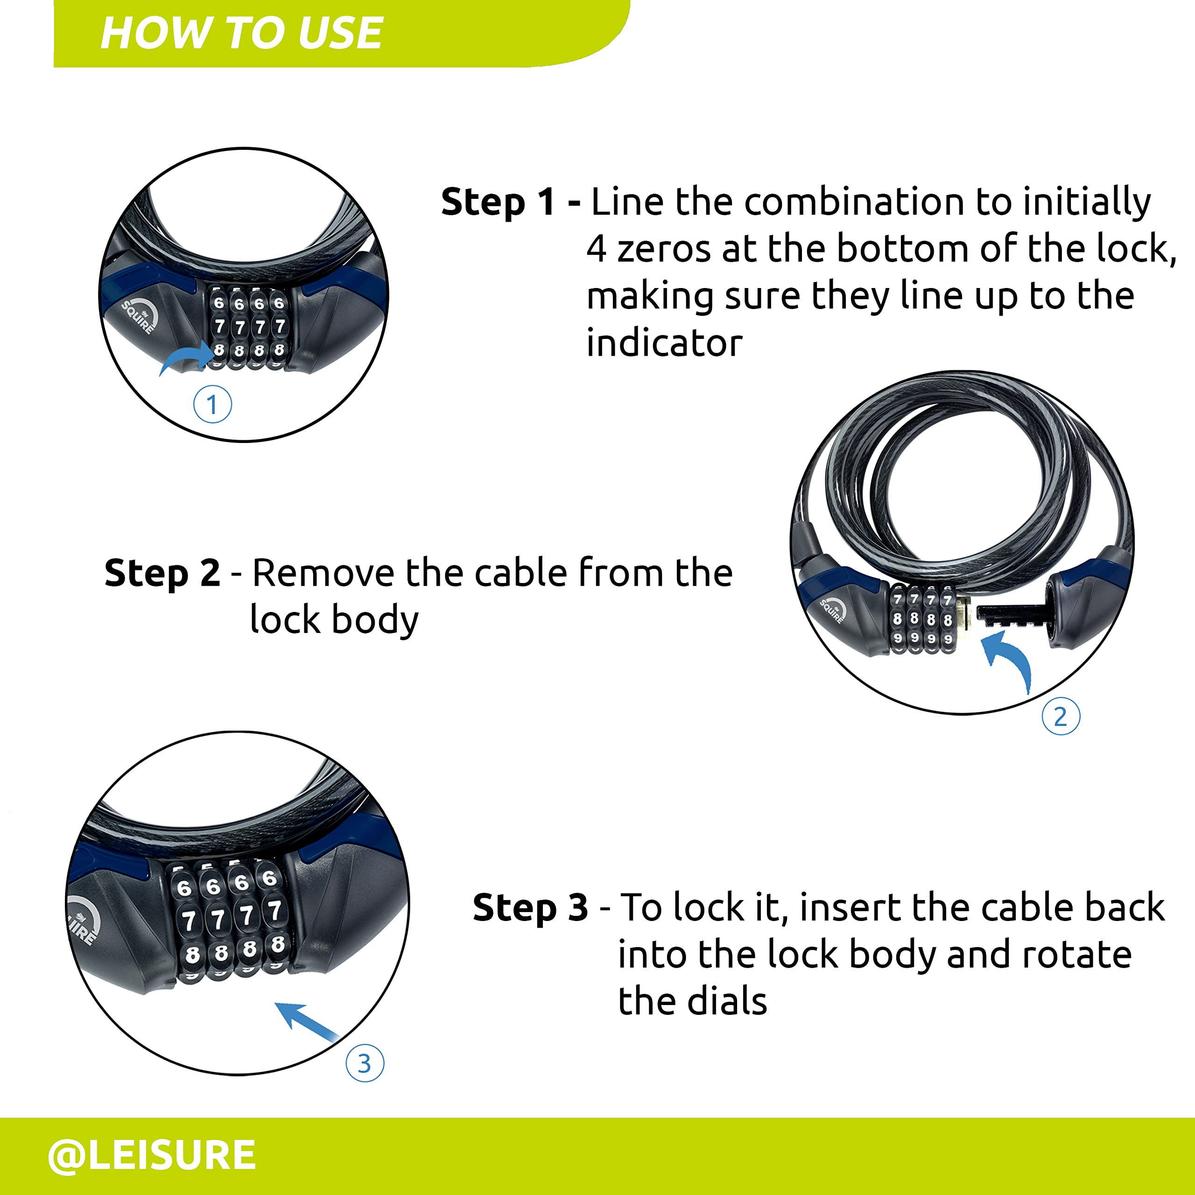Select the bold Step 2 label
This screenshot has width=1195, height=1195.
(x=162, y=573)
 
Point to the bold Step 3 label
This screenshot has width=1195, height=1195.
(x=530, y=908)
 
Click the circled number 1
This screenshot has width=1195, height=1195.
(x=212, y=405)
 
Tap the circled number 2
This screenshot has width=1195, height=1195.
(x=1061, y=716)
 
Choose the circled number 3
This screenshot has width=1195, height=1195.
(x=364, y=1062)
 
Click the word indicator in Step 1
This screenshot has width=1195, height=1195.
(x=664, y=343)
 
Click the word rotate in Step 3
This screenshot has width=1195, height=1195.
(x=1077, y=955)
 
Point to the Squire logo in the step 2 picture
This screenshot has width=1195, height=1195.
(x=833, y=609)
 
